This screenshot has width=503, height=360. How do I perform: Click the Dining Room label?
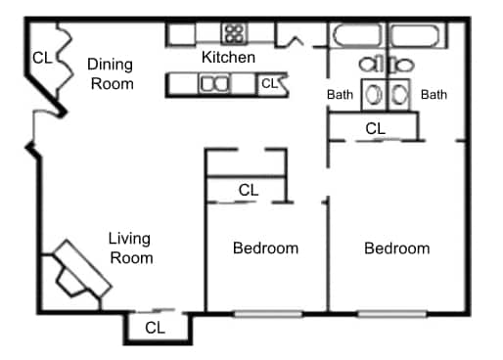coord(110,73)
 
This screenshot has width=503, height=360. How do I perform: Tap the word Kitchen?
coord(228,58)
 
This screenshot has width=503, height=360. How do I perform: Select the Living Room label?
coord(130,247)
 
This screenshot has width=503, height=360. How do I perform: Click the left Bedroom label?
coord(265,248)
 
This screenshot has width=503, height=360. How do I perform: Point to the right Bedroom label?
coord(396,248)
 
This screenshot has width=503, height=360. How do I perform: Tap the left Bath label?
coord(340,95)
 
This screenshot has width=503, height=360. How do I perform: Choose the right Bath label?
coord(434,95)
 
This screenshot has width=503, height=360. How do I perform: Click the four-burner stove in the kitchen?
coord(234,34)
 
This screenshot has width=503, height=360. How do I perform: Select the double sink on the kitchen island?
coord(214,85)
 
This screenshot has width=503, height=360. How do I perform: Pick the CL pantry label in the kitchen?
coord(269,84)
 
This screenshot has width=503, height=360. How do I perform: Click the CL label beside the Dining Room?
coord(42,58)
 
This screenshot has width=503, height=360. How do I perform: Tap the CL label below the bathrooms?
coord(375,128)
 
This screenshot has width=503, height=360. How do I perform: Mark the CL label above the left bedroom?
coord(248,190)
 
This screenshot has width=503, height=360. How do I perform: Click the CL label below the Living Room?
coord(155,328)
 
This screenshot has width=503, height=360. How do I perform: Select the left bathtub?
coord(356,36)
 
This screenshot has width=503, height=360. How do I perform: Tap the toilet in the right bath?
coord(400,95)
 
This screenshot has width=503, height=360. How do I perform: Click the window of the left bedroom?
coord(267,314)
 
